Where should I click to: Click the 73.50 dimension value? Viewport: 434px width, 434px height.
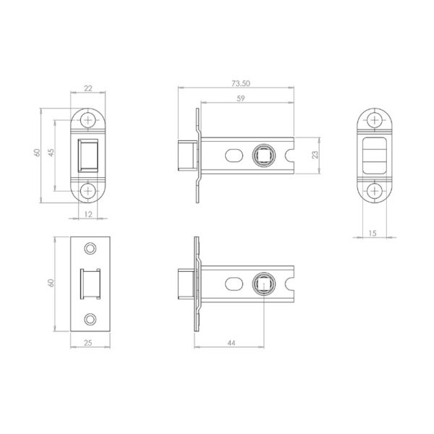tap(241, 83)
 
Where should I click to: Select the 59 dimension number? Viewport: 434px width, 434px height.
tap(241, 98)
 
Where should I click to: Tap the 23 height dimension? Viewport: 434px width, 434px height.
tap(315, 155)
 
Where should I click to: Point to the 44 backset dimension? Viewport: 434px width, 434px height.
tap(231, 343)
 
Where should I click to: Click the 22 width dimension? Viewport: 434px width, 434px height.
tap(88, 88)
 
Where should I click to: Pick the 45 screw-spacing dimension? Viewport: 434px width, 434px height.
tap(51, 153)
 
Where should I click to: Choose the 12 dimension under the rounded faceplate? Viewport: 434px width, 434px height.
tap(88, 214)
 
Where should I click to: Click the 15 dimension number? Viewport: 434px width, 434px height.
tap(373, 234)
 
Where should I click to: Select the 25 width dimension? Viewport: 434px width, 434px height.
tap(88, 343)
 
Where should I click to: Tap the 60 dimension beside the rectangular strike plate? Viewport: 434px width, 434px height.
tap(51, 283)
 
